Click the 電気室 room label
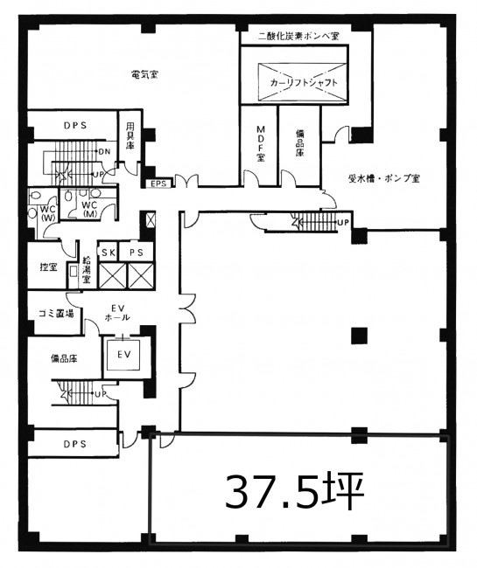click(x=144, y=75)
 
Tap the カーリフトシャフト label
click(x=304, y=83)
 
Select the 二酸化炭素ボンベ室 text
click(x=298, y=36)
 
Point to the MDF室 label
click(x=261, y=143)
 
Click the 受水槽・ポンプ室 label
click(x=384, y=178)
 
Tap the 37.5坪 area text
click(x=295, y=491)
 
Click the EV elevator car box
click(x=124, y=355)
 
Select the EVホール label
click(x=117, y=313)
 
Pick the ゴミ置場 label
click(x=56, y=313)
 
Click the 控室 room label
click(x=49, y=267)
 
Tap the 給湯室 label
click(x=87, y=269)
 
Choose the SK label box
click(x=109, y=253)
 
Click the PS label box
click(x=136, y=253)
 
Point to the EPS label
click(x=159, y=184)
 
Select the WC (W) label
click(x=47, y=213)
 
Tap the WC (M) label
click(x=89, y=209)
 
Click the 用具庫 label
click(x=130, y=135)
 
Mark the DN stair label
click(x=104, y=152)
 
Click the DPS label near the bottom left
click(x=75, y=443)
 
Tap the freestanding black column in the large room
click(x=359, y=335)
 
